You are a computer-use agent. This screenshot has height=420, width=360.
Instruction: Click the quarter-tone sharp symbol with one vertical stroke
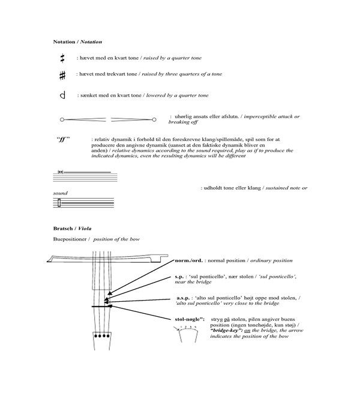[x=62, y=58]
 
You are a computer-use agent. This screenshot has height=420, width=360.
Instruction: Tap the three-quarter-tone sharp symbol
[x=62, y=76]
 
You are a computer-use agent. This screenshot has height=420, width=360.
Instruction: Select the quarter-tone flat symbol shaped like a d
[x=62, y=95]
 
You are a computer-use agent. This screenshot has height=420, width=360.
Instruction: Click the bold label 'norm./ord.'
[x=188, y=261]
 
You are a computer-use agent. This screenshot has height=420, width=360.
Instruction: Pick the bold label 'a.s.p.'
[x=184, y=298]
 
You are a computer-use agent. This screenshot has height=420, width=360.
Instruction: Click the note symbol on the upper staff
[x=60, y=172]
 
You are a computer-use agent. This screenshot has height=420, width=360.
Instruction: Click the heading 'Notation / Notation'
[x=77, y=42]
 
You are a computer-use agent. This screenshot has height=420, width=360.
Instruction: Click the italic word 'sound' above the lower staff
[x=60, y=194]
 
